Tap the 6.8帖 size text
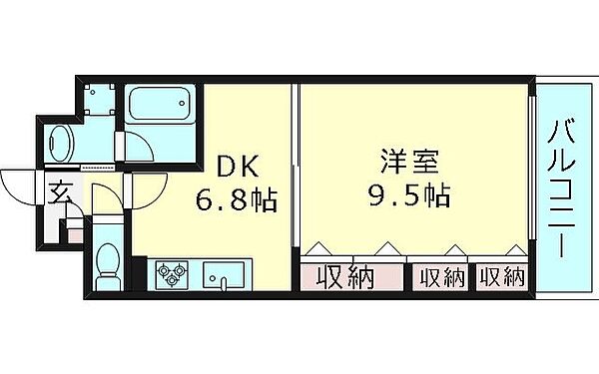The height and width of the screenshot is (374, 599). (x=235, y=200)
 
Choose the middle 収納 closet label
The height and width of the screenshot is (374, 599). (x=441, y=277)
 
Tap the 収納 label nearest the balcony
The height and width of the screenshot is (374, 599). (x=501, y=277)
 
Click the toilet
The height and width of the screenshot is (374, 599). (x=107, y=267)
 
